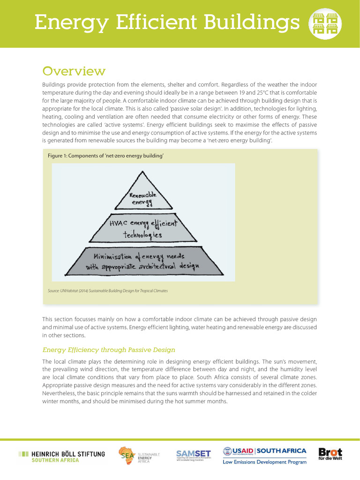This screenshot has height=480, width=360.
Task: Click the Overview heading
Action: coord(74,71)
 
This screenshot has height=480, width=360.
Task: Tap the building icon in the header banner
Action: coord(325,23)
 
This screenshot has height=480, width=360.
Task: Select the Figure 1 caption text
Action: coord(105,156)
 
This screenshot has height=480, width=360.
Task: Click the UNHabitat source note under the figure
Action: coord(107,291)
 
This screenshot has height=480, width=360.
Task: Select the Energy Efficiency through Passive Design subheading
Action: coord(109,350)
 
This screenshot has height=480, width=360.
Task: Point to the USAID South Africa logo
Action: coord(264,451)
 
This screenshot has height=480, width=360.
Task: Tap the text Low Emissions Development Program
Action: coord(264,462)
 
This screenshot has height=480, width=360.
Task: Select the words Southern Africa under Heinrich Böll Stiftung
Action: coord(55,460)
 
